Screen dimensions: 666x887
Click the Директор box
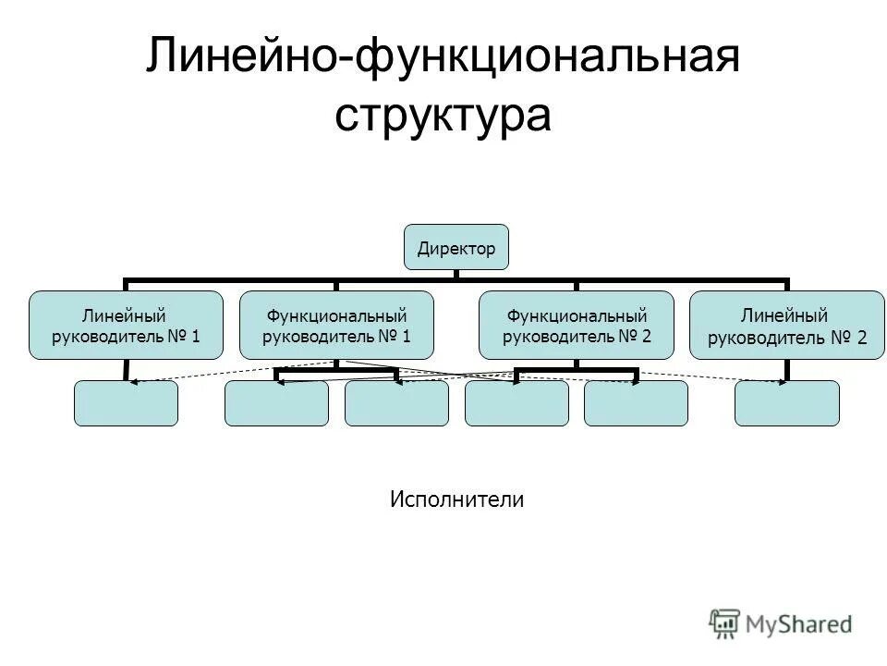pos(456,247)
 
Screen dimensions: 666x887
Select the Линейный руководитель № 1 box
pos(126,326)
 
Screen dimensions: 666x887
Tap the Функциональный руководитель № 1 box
pos(336,326)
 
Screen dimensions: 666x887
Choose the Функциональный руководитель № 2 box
pos(577,326)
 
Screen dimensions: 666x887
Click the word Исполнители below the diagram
pos(456,499)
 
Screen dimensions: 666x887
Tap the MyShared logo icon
pos(724,624)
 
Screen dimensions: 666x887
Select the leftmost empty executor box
pos(126,403)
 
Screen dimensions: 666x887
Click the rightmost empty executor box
pos(787,403)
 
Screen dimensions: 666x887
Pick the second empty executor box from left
pos(276,403)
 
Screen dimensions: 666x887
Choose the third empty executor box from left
pos(396,403)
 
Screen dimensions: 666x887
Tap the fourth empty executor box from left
pos(516,403)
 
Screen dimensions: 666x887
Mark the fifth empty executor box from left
pos(636,403)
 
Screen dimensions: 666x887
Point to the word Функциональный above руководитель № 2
pos(577,314)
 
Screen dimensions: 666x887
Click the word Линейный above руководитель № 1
pos(126,314)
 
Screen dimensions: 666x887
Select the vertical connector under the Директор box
pos(456,274)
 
